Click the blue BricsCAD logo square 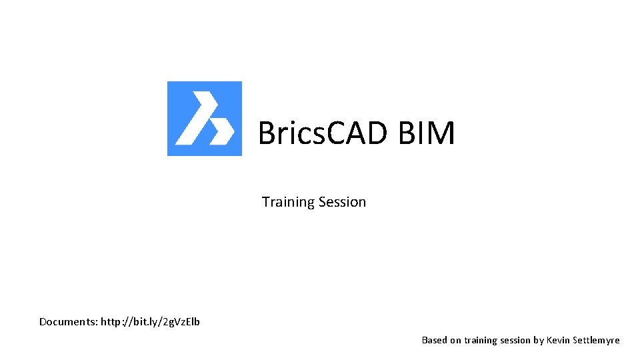[x=204, y=118]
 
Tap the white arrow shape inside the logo [x=203, y=120]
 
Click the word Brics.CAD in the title [x=322, y=133]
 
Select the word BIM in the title [x=427, y=133]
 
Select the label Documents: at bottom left [x=68, y=322]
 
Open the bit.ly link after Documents [x=150, y=322]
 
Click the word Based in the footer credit [x=434, y=340]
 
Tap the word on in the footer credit [x=455, y=340]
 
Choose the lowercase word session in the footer [x=515, y=340]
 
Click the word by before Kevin [x=538, y=340]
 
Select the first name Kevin [x=558, y=340]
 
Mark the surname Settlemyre [x=596, y=340]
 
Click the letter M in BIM [x=441, y=133]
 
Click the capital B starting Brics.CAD [x=267, y=133]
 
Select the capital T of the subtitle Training [x=265, y=202]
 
